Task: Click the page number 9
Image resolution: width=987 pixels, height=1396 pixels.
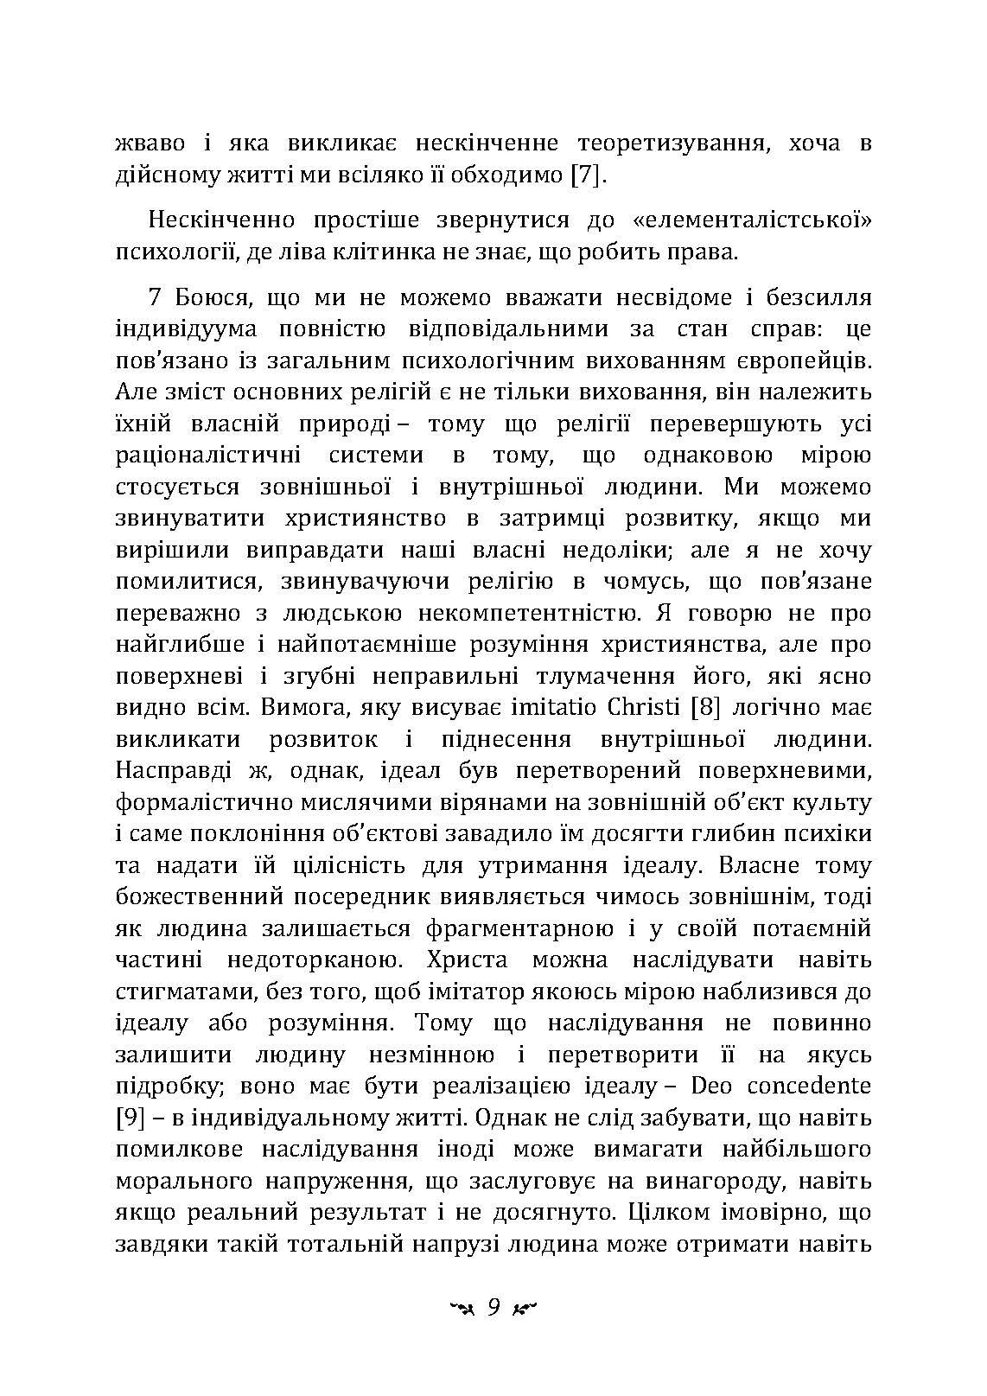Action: (x=493, y=1306)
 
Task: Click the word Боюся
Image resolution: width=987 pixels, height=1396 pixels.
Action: (x=205, y=299)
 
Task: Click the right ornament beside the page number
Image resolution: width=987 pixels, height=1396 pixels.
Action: (x=525, y=1308)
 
